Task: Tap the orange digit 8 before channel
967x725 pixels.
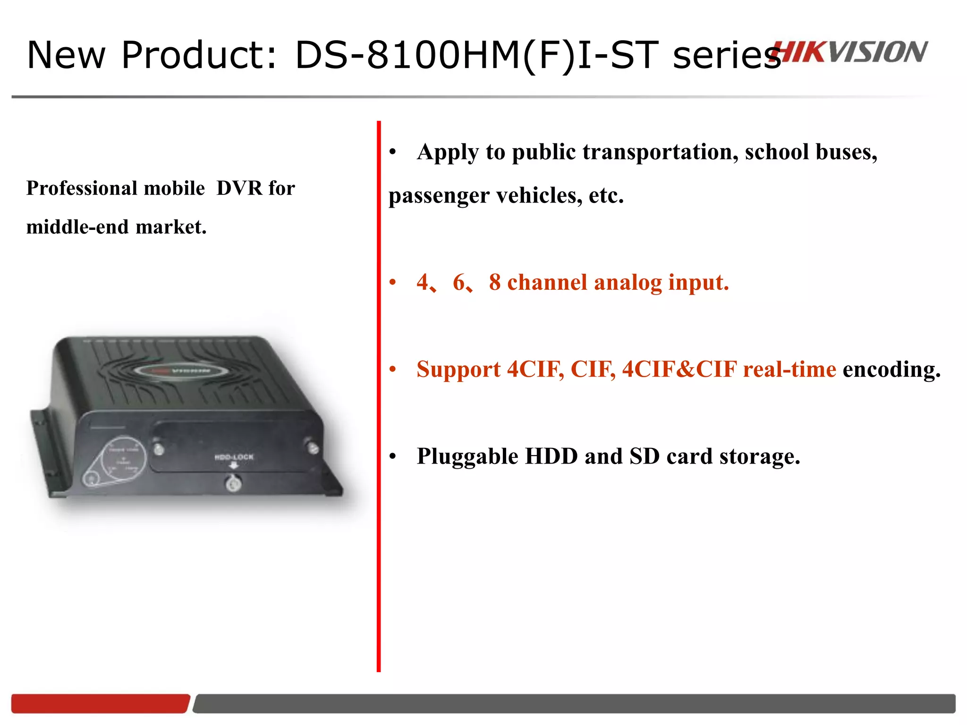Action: [x=494, y=282]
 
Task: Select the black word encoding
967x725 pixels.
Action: [x=891, y=369]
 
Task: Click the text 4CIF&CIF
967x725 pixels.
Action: [x=679, y=369]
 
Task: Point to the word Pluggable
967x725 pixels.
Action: [x=467, y=456]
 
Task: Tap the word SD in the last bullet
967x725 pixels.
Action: [x=644, y=456]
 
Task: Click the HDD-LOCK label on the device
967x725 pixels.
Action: [x=234, y=457]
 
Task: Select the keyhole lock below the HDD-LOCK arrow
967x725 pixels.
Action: [x=233, y=483]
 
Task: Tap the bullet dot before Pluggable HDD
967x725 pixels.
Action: [x=392, y=456]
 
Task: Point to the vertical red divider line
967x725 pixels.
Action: [x=379, y=396]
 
